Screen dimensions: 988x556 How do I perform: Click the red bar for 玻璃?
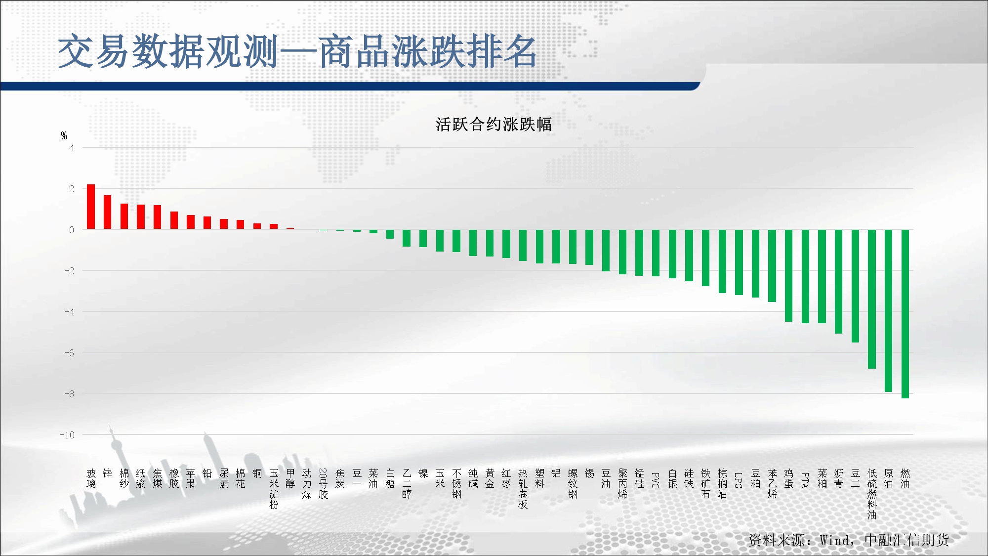click(x=91, y=207)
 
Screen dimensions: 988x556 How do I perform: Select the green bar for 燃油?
click(x=905, y=314)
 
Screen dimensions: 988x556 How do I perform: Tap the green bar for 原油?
click(x=888, y=311)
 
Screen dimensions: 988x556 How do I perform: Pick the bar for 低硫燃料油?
click(x=872, y=299)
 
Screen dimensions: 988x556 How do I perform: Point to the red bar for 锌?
click(x=107, y=212)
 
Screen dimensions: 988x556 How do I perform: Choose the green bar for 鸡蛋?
click(x=788, y=276)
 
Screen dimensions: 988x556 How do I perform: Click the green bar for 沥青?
click(x=838, y=282)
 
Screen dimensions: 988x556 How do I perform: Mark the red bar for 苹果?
click(x=191, y=222)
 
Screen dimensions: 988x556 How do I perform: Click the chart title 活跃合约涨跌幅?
click(x=494, y=124)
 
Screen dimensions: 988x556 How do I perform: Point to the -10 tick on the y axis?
click(x=67, y=435)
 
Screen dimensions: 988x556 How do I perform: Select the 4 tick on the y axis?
click(x=72, y=148)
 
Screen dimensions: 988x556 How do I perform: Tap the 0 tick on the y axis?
click(x=72, y=230)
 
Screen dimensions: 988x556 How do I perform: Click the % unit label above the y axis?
click(x=64, y=135)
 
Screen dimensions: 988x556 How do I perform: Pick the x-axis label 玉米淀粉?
click(x=274, y=489)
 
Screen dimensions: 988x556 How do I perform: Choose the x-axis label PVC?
click(x=656, y=480)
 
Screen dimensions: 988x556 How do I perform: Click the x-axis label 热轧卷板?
click(x=523, y=489)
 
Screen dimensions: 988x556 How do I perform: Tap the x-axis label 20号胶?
click(x=324, y=484)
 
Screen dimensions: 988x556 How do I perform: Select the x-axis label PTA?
click(x=805, y=480)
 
